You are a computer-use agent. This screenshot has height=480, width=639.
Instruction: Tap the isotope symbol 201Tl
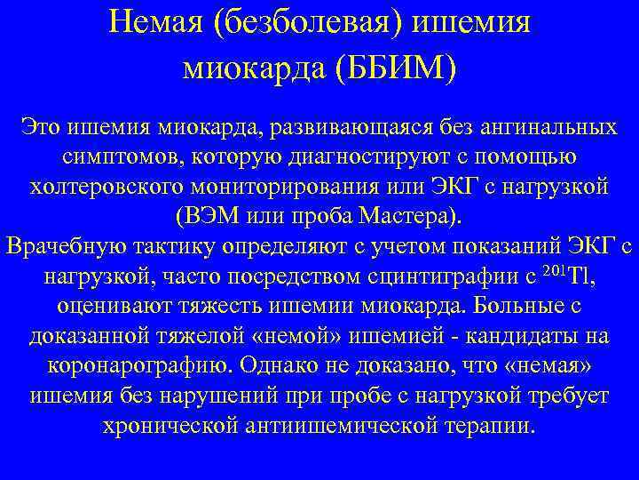(566, 276)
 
